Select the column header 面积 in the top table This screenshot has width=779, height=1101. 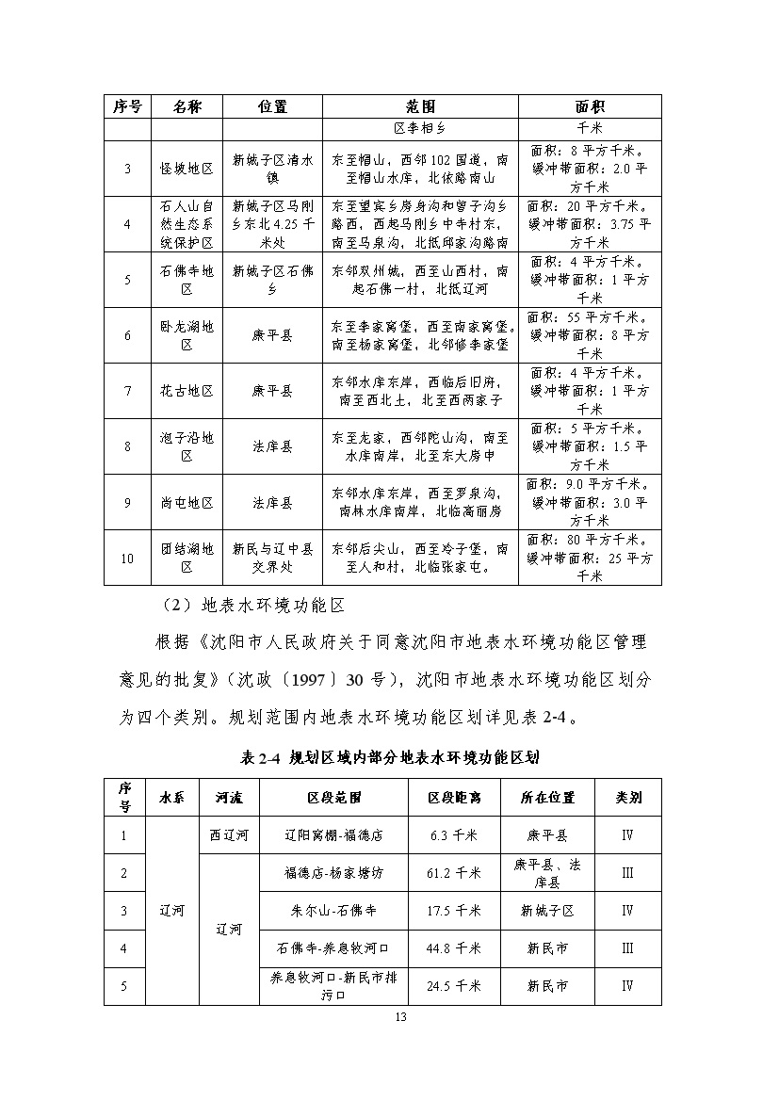pyautogui.click(x=589, y=106)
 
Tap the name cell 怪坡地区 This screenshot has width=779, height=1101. pyautogui.click(x=187, y=168)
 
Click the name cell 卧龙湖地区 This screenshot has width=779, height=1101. pyautogui.click(x=187, y=335)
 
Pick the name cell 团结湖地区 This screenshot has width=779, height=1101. pyautogui.click(x=187, y=558)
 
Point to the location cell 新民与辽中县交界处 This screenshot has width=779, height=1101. pyautogui.click(x=272, y=558)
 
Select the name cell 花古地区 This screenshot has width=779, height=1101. pyautogui.click(x=187, y=391)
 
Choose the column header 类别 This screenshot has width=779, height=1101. pyautogui.click(x=627, y=798)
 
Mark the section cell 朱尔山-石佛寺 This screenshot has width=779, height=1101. pyautogui.click(x=334, y=911)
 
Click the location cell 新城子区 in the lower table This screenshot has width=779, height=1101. pyautogui.click(x=547, y=911)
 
